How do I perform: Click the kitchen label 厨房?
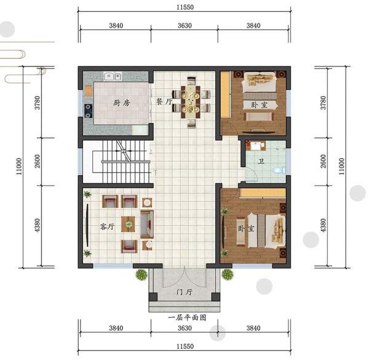click(x=121, y=103)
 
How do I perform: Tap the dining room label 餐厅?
click(x=164, y=101)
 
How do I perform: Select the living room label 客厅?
click(x=107, y=227)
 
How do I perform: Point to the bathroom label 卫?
click(x=261, y=162)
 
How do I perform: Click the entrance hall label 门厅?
click(x=184, y=292)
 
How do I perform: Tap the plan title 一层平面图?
click(x=188, y=318)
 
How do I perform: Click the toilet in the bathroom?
click(x=279, y=170)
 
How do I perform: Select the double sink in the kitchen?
click(x=113, y=76)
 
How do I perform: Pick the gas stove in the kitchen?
click(x=88, y=111)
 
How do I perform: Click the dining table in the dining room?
click(x=191, y=102)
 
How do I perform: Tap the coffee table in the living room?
click(x=129, y=224)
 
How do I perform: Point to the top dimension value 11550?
click(x=185, y=7)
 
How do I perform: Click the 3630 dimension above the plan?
click(x=184, y=25)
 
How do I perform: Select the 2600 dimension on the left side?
click(x=38, y=161)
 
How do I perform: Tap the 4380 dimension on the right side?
click(x=323, y=225)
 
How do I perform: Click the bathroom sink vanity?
click(x=256, y=146)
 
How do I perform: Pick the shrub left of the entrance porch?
click(x=141, y=275)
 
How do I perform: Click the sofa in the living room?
click(x=147, y=224)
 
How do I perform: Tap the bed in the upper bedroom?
click(x=260, y=90)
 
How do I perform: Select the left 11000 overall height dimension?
click(x=19, y=166)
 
